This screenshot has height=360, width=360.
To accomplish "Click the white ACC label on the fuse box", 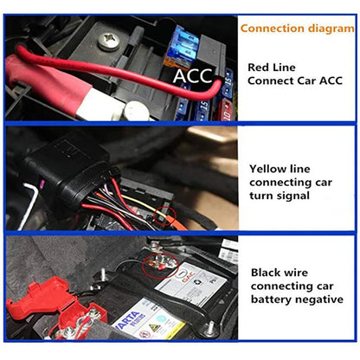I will coord(192,76).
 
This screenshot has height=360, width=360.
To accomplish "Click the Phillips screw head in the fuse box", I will coord(110,39).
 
